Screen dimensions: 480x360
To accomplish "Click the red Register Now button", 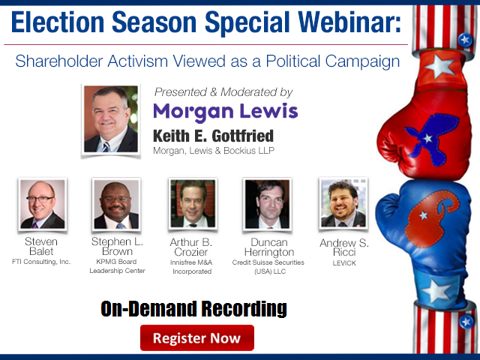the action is coord(197,337).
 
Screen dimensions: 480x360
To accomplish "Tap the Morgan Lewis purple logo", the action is coord(226,112).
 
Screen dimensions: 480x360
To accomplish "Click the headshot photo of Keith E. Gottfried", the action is coord(111,119).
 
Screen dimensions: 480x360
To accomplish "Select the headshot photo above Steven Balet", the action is coord(43,204).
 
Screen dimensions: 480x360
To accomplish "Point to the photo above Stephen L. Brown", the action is coord(116,204).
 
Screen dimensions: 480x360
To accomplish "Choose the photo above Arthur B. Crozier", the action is coord(193,203).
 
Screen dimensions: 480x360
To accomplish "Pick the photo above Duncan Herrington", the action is coord(267,204).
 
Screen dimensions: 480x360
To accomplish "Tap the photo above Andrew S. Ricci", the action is coord(343,203).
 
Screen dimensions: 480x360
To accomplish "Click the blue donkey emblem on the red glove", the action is coord(431,138).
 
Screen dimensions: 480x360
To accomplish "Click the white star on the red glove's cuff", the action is coord(439,66).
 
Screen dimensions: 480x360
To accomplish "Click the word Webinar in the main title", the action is coord(349,22).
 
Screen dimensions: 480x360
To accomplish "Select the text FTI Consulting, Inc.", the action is coord(41,262).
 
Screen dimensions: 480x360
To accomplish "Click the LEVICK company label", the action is coord(344,263).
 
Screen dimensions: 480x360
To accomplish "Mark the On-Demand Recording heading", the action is coord(193,308).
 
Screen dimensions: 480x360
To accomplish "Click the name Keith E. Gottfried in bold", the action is coord(213,136).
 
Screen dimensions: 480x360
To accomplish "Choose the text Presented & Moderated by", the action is coord(223,91).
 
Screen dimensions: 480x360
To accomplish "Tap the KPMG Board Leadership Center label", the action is coord(117,266).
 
